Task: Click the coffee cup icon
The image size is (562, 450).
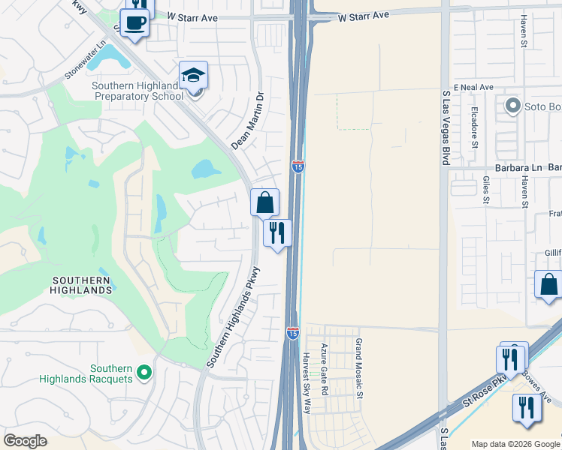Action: (x=134, y=23)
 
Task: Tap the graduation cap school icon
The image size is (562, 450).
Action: (x=193, y=75)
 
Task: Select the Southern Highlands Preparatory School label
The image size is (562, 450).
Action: (x=137, y=91)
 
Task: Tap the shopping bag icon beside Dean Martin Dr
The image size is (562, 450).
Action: (x=264, y=202)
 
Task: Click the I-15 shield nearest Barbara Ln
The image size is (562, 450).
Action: (x=298, y=166)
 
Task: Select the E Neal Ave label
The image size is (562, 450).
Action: (x=473, y=87)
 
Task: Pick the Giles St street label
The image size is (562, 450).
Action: (x=486, y=190)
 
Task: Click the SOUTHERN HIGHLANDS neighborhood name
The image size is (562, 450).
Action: (x=81, y=284)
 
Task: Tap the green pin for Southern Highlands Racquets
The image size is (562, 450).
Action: (x=144, y=372)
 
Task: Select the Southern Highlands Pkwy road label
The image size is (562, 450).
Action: (x=234, y=317)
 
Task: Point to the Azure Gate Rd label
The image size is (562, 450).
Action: (x=325, y=369)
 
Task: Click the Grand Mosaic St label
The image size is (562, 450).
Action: (x=359, y=368)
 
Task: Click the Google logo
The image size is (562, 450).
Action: (x=26, y=440)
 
